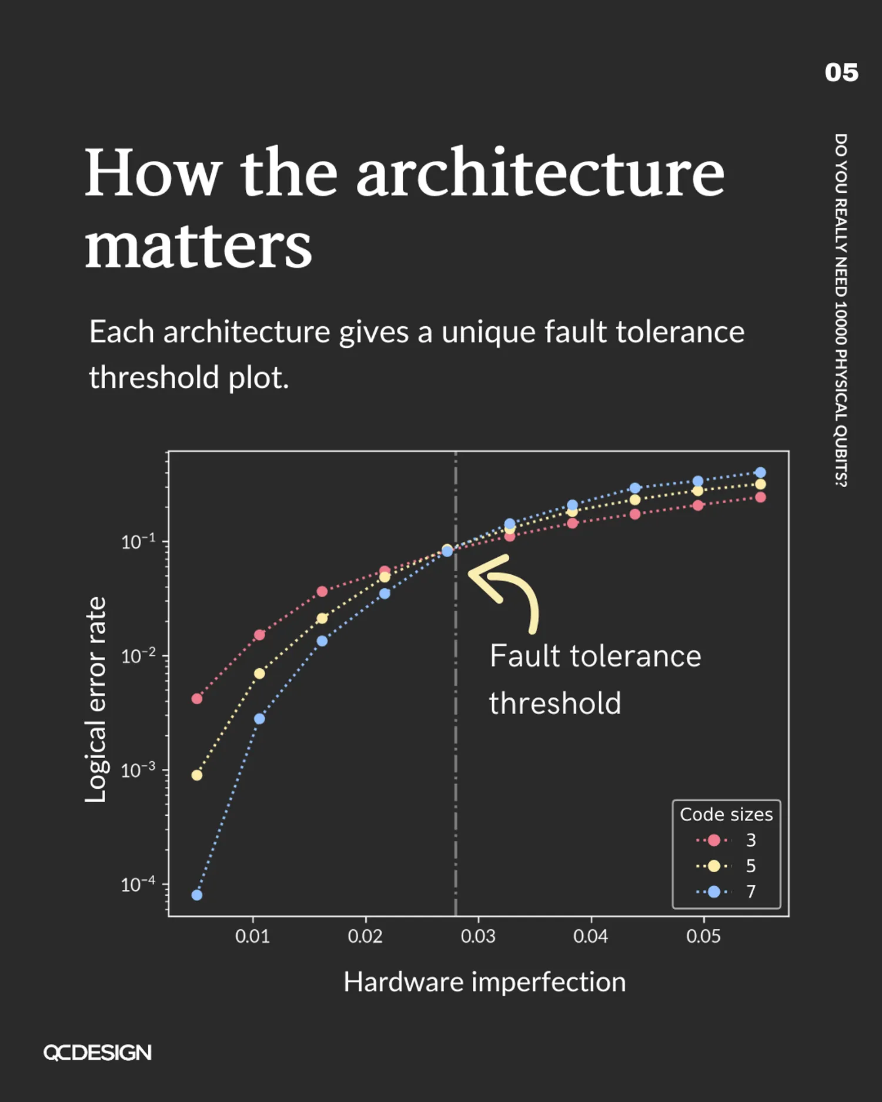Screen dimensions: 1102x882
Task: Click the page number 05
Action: (x=841, y=73)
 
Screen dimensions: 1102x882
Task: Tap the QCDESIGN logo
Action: (x=98, y=1052)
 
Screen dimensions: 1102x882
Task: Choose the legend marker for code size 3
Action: (x=714, y=840)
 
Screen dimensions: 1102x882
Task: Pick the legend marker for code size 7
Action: (x=714, y=892)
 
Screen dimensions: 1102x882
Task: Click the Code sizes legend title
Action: (x=726, y=815)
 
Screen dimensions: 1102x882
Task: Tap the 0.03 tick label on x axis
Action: (x=478, y=936)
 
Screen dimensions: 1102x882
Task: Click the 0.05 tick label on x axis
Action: (x=703, y=936)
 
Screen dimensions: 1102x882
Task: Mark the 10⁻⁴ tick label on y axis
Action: (x=138, y=884)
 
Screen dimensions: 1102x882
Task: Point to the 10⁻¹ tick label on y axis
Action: (x=138, y=541)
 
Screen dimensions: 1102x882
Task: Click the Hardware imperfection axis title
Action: (x=485, y=982)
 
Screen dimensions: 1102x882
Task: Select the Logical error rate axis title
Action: (x=96, y=699)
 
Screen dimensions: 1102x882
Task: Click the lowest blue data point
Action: (x=197, y=895)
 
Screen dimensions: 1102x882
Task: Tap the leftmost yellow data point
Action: (x=197, y=775)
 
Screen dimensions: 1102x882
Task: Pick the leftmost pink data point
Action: (x=197, y=699)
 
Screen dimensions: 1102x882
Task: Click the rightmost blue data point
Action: (x=760, y=473)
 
